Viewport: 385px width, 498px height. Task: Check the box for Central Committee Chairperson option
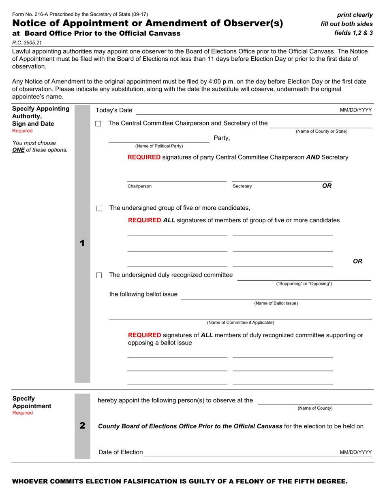pos(98,124)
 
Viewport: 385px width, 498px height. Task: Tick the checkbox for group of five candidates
pos(99,209)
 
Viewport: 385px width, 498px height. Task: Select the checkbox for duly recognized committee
pos(99,276)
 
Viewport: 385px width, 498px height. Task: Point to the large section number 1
pos(82,243)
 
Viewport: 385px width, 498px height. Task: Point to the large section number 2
pos(82,426)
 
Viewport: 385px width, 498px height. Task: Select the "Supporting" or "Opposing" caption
pos(304,284)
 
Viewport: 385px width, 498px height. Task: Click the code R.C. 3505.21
pos(27,43)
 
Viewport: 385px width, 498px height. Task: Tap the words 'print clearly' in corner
pos(355,15)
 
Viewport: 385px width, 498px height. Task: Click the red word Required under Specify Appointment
pos(22,413)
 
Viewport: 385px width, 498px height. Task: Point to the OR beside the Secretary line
pos(327,186)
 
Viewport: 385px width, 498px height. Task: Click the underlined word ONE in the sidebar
pos(19,150)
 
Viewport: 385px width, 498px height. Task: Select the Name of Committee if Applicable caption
pos(240,323)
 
